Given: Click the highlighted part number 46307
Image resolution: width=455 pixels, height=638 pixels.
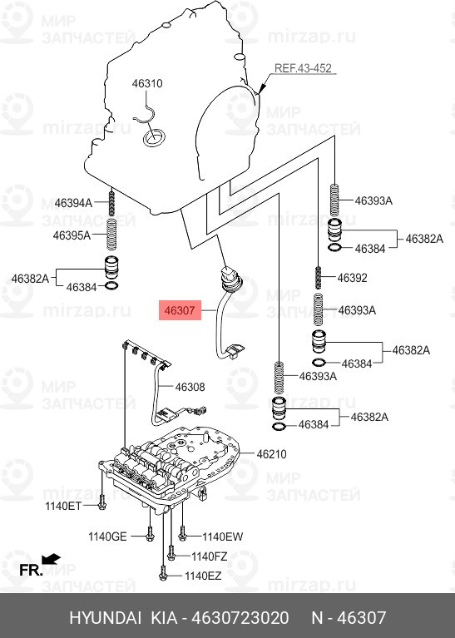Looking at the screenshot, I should [x=179, y=311].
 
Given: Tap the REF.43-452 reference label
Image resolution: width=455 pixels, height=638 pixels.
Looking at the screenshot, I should [x=304, y=69].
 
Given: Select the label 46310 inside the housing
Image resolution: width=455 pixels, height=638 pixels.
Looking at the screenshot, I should [x=147, y=83].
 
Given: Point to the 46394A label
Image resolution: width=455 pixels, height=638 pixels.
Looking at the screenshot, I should [x=73, y=203].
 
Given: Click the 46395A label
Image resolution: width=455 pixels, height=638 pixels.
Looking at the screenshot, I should [x=73, y=235].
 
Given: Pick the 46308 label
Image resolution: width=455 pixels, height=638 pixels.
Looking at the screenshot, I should [x=190, y=387].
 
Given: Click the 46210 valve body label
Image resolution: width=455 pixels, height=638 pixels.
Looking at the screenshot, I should [x=271, y=454].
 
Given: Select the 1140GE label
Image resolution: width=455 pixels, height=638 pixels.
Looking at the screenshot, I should [x=108, y=537].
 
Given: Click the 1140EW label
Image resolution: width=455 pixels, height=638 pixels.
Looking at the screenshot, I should [x=223, y=537].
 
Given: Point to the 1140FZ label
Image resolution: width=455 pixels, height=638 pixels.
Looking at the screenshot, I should [x=210, y=556].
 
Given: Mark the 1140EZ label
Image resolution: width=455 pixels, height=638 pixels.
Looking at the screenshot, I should [x=203, y=576].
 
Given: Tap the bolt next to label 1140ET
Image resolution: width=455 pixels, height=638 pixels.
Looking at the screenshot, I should [x=101, y=502].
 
